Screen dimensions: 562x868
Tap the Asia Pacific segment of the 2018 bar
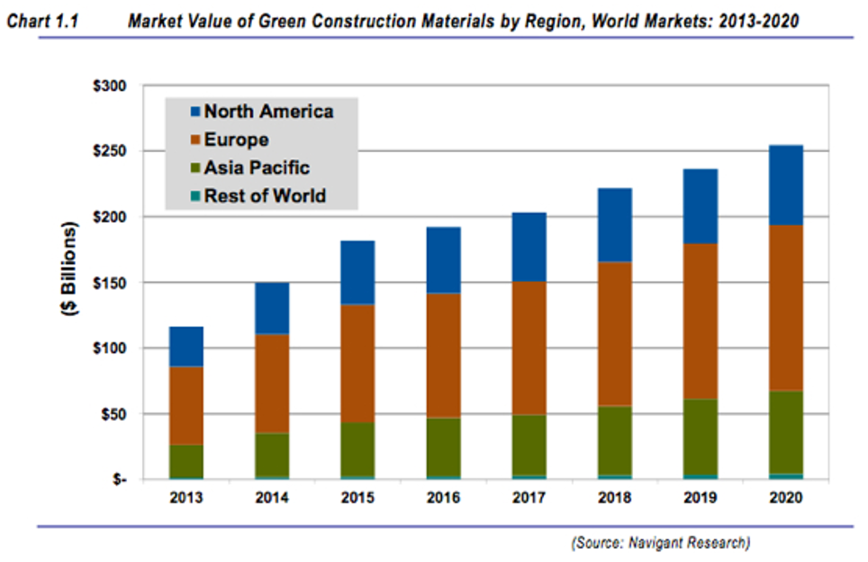coord(614,440)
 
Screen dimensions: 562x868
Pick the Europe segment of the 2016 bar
coord(443,356)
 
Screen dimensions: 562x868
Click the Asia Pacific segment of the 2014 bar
coord(272,455)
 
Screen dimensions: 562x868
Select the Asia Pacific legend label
coord(257,168)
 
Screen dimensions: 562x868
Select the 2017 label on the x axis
coord(529,497)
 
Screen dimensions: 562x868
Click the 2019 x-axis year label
coord(700,497)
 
